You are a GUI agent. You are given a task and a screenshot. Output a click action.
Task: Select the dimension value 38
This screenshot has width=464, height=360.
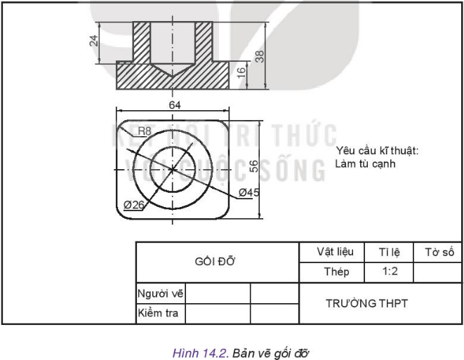point(260,55)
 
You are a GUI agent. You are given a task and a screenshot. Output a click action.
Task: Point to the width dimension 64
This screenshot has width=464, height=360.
point(175,105)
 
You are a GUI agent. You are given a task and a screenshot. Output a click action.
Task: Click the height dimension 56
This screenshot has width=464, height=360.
point(254,165)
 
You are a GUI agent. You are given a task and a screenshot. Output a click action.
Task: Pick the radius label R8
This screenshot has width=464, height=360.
point(144,131)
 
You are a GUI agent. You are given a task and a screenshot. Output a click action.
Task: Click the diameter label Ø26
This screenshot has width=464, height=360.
point(134,204)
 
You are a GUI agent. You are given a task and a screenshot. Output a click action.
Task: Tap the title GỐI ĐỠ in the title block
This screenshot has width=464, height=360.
point(216,261)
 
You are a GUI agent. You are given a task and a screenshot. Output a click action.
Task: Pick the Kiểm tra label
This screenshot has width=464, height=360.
point(159,313)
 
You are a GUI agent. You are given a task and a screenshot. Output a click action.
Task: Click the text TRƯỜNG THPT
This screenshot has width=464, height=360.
point(366,303)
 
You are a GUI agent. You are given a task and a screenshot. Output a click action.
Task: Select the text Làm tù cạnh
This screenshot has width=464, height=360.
point(366,164)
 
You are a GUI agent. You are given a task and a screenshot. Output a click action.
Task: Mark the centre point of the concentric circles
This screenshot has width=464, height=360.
point(173,169)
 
